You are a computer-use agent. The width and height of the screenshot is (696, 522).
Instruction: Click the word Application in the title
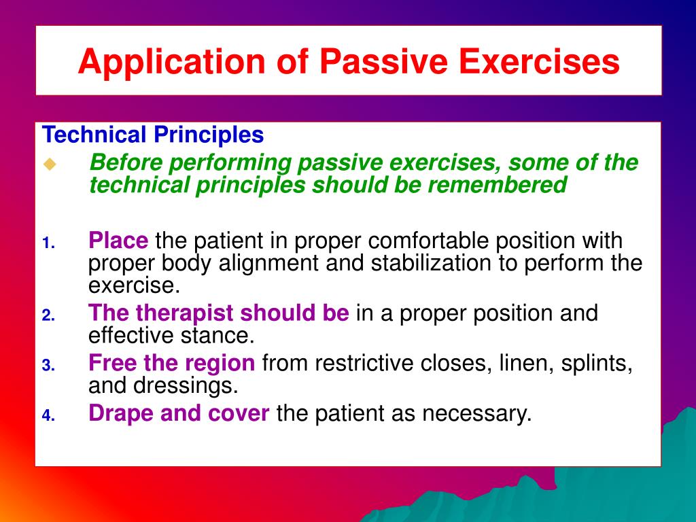(x=171, y=62)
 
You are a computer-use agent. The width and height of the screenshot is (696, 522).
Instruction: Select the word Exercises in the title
(x=539, y=60)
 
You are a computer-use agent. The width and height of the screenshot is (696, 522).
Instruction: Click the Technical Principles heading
(x=153, y=135)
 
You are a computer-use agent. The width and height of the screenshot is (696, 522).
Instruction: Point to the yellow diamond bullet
(x=50, y=164)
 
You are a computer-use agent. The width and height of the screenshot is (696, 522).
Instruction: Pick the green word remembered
(x=497, y=185)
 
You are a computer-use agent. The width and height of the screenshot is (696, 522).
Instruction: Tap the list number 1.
(x=48, y=243)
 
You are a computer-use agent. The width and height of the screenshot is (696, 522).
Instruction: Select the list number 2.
(x=48, y=315)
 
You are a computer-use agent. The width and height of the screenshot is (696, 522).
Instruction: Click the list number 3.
(x=48, y=366)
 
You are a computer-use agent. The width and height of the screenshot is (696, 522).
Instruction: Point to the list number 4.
(x=48, y=416)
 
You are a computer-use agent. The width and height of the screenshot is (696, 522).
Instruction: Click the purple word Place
(x=118, y=241)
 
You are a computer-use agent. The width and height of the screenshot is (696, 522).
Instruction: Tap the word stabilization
(x=430, y=263)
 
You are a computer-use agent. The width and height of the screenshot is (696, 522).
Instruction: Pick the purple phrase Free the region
(x=172, y=364)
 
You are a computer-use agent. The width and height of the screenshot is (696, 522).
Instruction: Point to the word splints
(x=597, y=364)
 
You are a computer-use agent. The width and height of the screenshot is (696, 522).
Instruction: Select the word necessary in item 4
(x=476, y=414)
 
